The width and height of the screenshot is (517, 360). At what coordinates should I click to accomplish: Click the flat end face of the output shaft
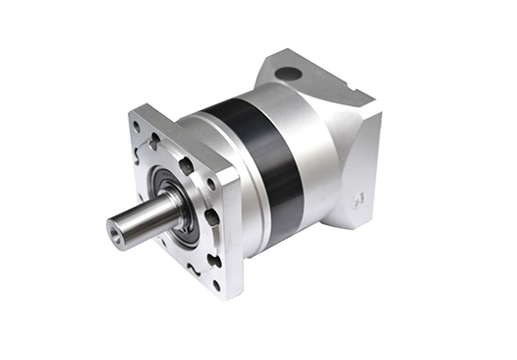pos(120,229)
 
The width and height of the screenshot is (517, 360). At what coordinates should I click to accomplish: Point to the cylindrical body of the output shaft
pos(147,215)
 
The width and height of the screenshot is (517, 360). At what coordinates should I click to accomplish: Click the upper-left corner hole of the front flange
pos(136,125)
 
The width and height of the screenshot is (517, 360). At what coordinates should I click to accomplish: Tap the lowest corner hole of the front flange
pos(216,284)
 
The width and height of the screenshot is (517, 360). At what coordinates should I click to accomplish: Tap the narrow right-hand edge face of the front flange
pos(232,236)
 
